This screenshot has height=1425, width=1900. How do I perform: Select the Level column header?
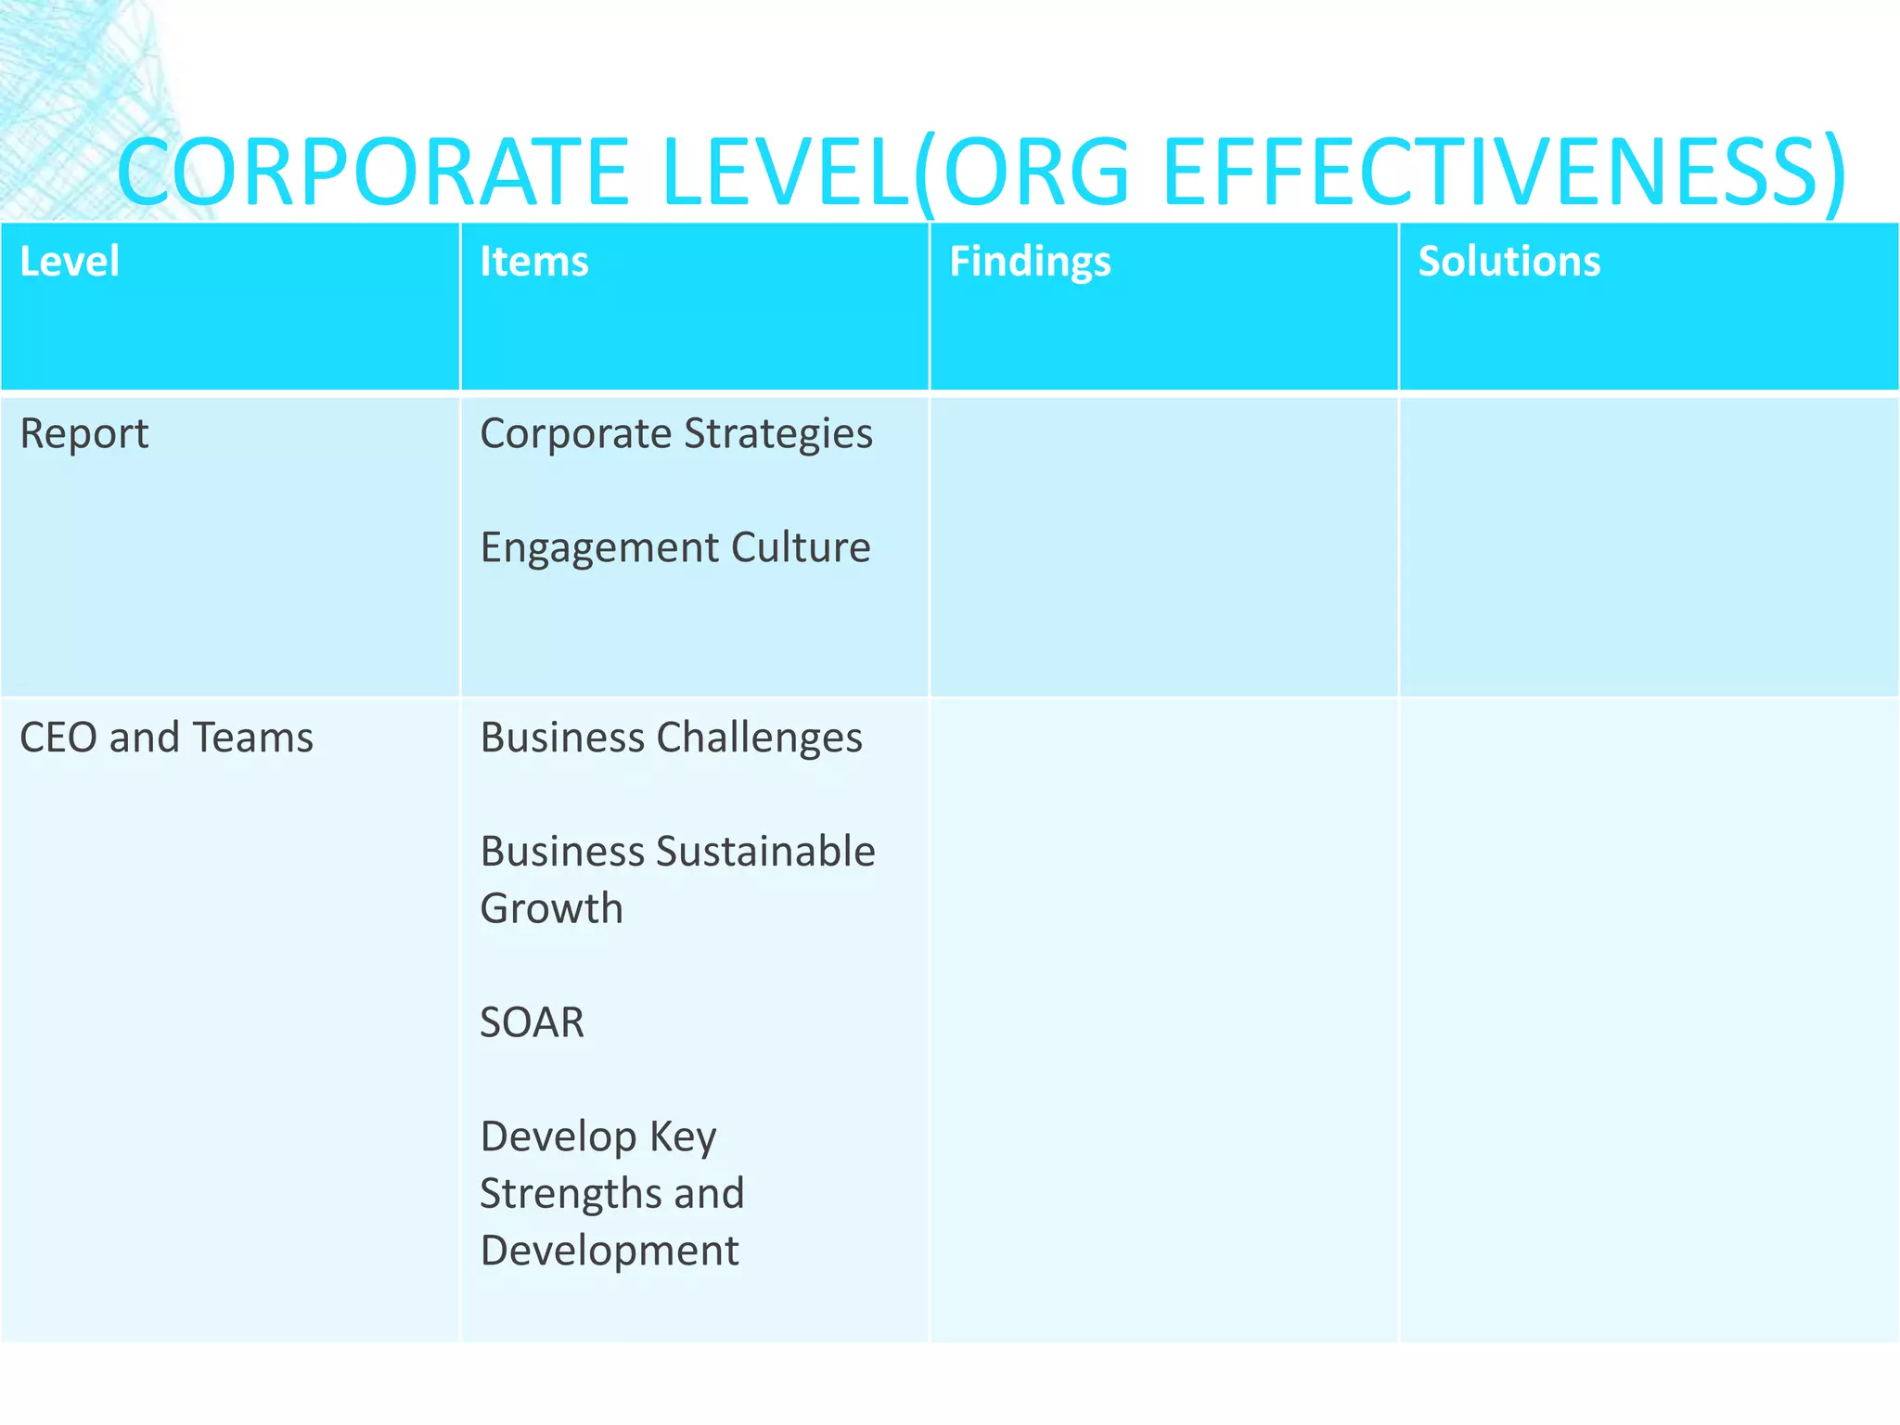[70, 262]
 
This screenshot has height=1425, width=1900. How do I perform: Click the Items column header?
[534, 262]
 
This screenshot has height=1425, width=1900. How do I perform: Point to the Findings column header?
[1030, 262]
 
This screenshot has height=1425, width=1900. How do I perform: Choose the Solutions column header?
[1509, 262]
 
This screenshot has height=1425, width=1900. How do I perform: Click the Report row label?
[84, 434]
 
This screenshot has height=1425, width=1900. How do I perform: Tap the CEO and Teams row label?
[167, 738]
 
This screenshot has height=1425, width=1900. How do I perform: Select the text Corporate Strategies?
[676, 434]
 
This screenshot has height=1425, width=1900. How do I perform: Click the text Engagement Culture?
[675, 547]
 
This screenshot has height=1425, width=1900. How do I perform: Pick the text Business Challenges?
[672, 738]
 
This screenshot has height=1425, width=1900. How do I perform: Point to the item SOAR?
[533, 1022]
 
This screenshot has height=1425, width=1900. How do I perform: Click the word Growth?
[552, 908]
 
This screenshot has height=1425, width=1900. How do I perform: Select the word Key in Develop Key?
[683, 1136]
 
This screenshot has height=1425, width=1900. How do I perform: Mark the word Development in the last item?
[610, 1251]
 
